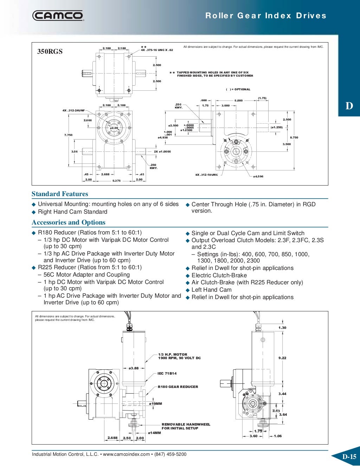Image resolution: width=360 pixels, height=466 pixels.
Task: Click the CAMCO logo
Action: [58, 15]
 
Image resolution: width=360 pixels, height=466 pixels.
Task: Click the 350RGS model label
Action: [50, 51]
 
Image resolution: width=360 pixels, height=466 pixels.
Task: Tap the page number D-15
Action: [349, 457]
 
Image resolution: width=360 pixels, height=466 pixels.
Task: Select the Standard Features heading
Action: [60, 194]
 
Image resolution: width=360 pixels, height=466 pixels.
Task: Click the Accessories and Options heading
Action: [69, 222]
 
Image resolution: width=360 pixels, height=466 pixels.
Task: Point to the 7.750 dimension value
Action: [68, 135]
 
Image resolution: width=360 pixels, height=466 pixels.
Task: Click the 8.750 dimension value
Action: [294, 137]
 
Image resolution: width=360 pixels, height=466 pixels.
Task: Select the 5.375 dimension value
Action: [116, 181]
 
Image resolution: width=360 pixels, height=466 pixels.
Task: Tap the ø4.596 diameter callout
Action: [258, 176]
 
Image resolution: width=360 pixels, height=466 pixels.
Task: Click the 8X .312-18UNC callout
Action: [207, 175]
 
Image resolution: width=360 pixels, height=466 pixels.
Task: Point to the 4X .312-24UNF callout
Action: [74, 110]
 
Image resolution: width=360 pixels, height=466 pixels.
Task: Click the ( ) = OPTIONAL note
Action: [238, 89]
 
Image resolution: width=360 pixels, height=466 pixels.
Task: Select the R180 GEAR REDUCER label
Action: [178, 387]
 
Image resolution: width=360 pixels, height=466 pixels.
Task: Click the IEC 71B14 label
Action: [167, 373]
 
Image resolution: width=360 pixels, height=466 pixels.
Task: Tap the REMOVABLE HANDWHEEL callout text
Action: [186, 426]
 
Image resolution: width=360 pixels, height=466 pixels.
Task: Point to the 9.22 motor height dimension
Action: [282, 358]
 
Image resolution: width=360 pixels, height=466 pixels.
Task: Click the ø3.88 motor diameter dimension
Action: [134, 368]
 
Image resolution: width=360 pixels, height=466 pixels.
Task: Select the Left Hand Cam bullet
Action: [211, 290]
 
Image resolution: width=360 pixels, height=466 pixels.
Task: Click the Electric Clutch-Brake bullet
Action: [219, 276]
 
